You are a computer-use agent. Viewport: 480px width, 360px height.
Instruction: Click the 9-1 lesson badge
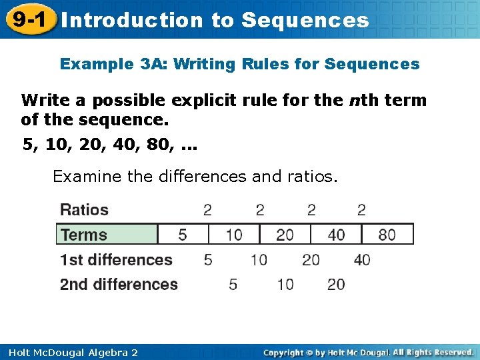pyautogui.click(x=28, y=19)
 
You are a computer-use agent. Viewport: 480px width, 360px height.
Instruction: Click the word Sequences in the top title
pyautogui.click(x=305, y=20)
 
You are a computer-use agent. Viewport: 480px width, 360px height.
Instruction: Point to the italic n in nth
pyautogui.click(x=353, y=101)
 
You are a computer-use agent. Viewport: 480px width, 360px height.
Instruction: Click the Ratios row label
pyautogui.click(x=84, y=210)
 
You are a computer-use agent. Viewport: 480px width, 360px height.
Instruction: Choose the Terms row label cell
pyautogui.click(x=107, y=235)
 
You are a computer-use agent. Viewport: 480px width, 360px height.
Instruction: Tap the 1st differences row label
pyautogui.click(x=116, y=259)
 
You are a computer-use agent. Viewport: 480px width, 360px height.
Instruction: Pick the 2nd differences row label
pyautogui.click(x=119, y=285)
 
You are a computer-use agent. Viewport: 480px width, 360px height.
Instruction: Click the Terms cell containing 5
pyautogui.click(x=183, y=235)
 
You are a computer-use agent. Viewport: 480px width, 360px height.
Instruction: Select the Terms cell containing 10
pyautogui.click(x=233, y=235)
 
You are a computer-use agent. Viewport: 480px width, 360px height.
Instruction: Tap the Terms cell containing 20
pyautogui.click(x=285, y=235)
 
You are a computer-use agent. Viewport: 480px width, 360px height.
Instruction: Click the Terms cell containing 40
pyautogui.click(x=336, y=235)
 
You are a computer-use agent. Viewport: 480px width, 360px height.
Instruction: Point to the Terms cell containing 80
pyautogui.click(x=387, y=235)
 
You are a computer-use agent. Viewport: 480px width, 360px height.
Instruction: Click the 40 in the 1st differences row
pyautogui.click(x=362, y=259)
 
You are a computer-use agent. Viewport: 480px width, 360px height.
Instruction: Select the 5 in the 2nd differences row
pyautogui.click(x=233, y=285)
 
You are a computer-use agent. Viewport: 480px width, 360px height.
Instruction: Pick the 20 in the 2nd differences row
pyautogui.click(x=336, y=285)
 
